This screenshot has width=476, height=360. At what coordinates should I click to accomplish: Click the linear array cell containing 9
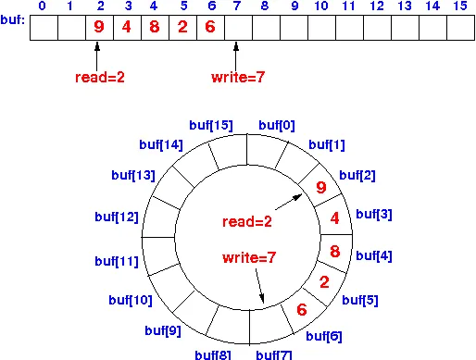(99, 27)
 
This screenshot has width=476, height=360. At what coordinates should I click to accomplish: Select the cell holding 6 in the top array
(210, 27)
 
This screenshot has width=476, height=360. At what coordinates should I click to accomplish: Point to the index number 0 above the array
(43, 6)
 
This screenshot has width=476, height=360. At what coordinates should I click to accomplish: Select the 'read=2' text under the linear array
(99, 78)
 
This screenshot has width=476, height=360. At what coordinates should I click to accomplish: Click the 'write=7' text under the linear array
(240, 78)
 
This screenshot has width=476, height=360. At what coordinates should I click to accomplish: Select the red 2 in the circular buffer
(324, 282)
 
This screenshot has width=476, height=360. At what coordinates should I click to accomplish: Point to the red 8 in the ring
(335, 251)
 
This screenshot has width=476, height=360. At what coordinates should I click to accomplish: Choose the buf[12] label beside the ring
(116, 217)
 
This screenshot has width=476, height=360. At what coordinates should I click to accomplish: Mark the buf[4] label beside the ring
(375, 256)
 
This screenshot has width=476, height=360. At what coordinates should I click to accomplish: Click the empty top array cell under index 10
(321, 27)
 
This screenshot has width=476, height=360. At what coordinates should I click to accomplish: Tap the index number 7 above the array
(238, 6)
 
